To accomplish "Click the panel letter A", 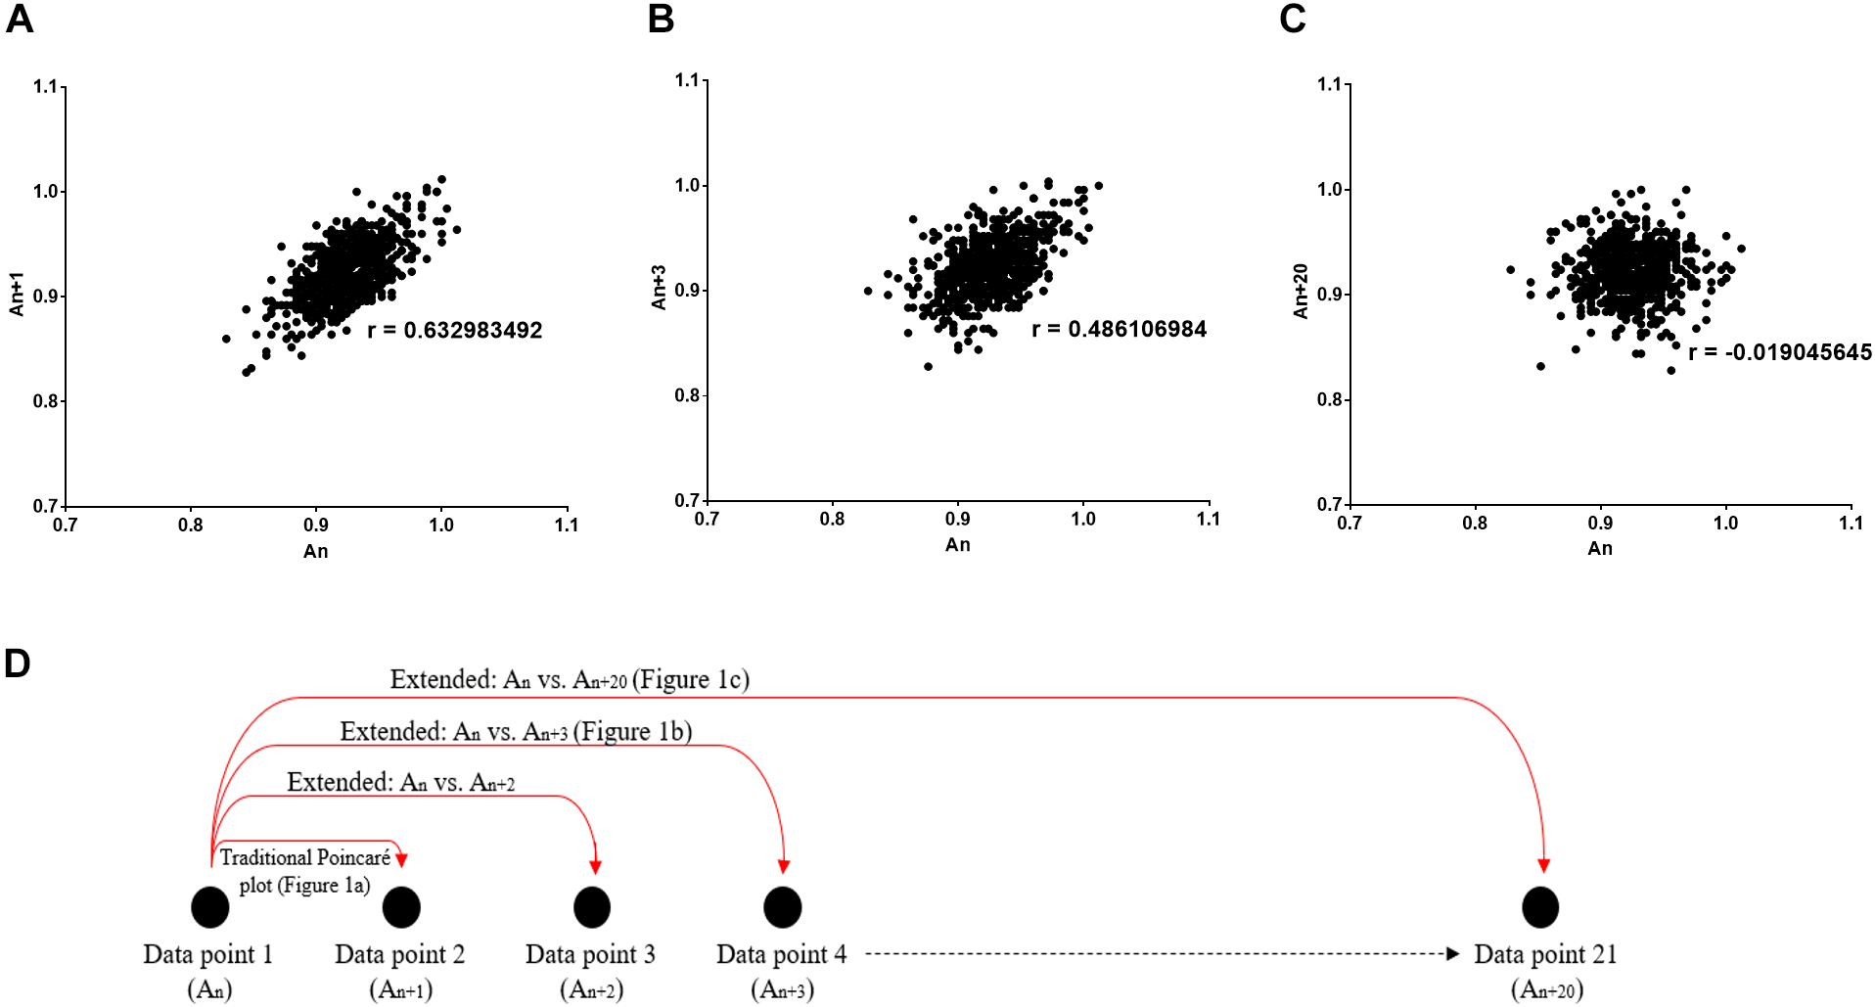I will click(20, 20).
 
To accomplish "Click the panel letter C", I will click(1292, 20).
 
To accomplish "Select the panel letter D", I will click(18, 664).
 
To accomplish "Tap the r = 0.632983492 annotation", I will click(454, 331).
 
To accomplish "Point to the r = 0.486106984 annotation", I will click(1119, 330).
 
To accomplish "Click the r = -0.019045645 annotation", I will click(1779, 352).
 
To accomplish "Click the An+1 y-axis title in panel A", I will click(17, 294).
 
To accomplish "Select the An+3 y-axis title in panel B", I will click(659, 287).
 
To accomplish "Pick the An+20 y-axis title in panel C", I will click(1301, 291).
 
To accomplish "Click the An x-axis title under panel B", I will click(957, 545).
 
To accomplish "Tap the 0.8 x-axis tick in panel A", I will click(191, 526).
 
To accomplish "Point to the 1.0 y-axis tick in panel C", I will click(1329, 190).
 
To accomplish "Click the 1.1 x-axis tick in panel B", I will click(1209, 520).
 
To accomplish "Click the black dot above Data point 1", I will click(210, 907).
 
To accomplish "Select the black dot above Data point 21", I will click(1540, 907).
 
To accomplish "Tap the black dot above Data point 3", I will click(592, 907).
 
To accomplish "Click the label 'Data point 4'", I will click(781, 954).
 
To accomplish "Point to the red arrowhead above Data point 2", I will click(401, 859).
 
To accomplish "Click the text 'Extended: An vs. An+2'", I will click(400, 783).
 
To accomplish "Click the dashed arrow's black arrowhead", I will click(1453, 953).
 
